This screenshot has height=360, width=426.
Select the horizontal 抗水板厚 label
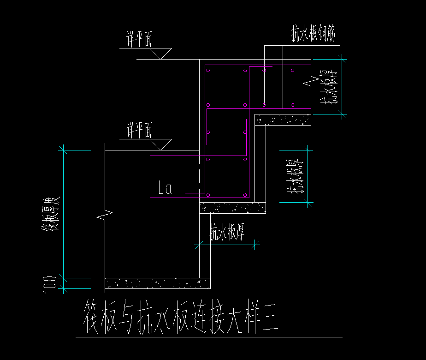[227, 233]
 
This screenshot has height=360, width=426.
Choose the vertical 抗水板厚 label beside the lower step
[295, 176]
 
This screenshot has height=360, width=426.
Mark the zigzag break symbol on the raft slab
[106, 215]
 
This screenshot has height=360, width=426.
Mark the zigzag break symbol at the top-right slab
[308, 82]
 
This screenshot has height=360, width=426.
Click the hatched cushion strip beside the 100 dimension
[158, 283]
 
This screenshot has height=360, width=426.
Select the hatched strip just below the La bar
[233, 208]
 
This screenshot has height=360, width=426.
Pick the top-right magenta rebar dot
[292, 71]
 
